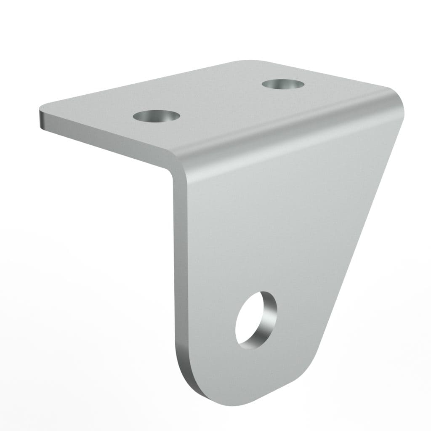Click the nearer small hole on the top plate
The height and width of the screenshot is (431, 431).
[x=155, y=115]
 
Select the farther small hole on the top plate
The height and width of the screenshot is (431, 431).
[x=283, y=83]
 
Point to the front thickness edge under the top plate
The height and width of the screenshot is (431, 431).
[x=105, y=139]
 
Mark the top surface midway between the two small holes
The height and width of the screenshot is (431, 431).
[x=219, y=99]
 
